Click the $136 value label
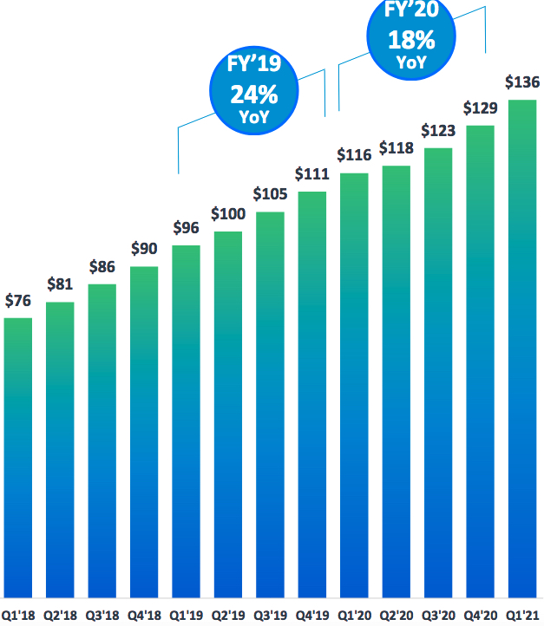click(x=522, y=83)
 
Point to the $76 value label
click(x=18, y=301)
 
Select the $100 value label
click(x=228, y=214)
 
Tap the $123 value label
click(x=438, y=131)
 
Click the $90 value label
click(x=144, y=249)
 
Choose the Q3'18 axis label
click(x=102, y=615)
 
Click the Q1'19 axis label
click(x=186, y=615)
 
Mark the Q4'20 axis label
click(x=480, y=615)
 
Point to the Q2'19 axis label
click(x=228, y=615)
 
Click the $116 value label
click(x=354, y=155)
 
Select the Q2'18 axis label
click(x=60, y=615)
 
